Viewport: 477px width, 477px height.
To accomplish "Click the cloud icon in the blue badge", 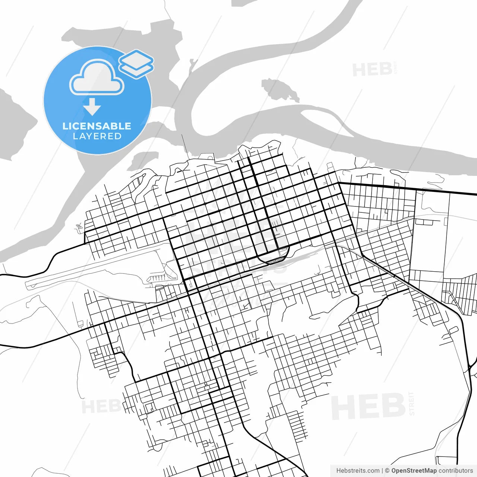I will click(x=97, y=78).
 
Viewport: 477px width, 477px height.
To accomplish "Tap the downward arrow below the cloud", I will click(x=92, y=107).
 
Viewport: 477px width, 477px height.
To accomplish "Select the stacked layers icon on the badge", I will click(x=136, y=63).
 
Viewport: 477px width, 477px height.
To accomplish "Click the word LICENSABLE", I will click(x=97, y=126).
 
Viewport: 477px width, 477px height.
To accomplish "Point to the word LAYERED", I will click(x=97, y=136).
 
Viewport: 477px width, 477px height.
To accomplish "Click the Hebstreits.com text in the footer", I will click(x=358, y=471).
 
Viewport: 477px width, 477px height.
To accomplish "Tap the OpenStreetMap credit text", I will click(x=414, y=471).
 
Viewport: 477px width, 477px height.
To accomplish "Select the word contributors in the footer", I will click(x=455, y=471).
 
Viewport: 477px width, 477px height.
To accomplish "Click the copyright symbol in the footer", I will click(x=387, y=471).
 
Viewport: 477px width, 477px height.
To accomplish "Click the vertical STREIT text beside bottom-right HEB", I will click(x=412, y=403).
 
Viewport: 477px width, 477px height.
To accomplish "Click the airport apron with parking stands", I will click(x=162, y=278).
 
